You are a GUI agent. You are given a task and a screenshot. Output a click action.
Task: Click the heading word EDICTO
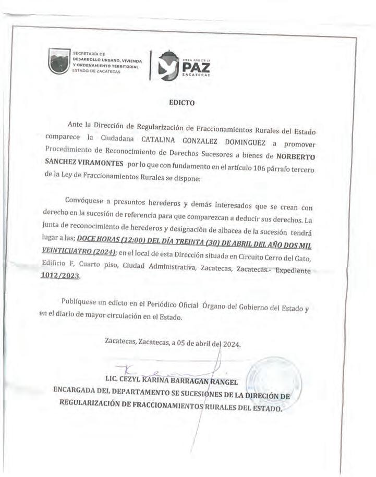pyautogui.click(x=182, y=103)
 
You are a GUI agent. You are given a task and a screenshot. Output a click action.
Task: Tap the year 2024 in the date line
pyautogui.click(x=231, y=344)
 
